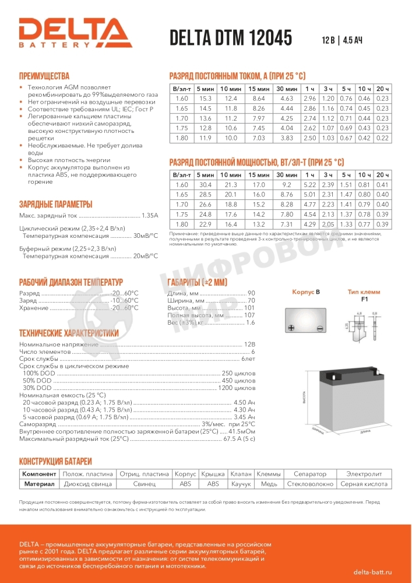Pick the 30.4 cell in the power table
tap(205, 185)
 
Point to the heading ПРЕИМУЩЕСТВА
tap(44, 76)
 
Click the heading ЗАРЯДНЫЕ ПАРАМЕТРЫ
tap(55, 204)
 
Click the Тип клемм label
tap(364, 291)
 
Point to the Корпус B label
tap(306, 291)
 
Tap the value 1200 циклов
tap(237, 388)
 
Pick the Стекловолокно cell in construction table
tap(310, 484)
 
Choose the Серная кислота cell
tap(364, 484)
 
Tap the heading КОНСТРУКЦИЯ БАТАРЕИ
tap(55, 461)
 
